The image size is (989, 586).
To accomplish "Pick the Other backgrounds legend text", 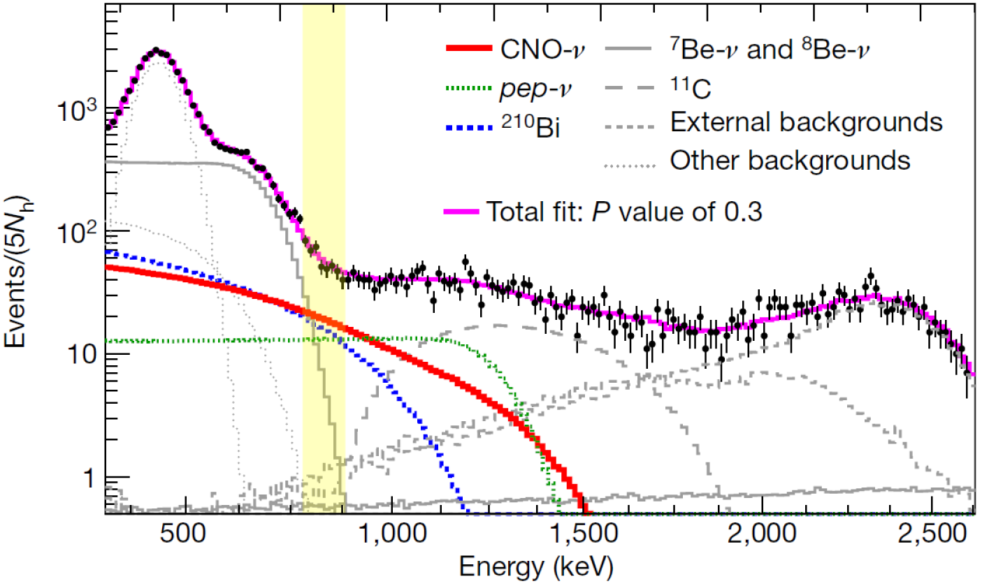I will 790,161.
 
